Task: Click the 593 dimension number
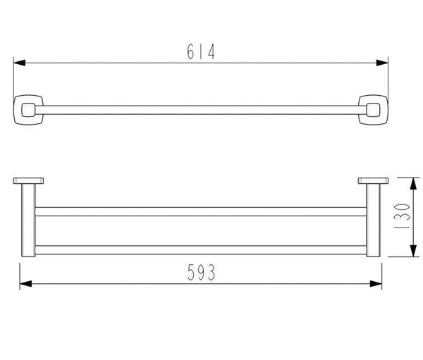pos(200,270)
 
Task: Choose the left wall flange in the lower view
pos(27,180)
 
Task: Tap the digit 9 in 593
pos(200,270)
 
